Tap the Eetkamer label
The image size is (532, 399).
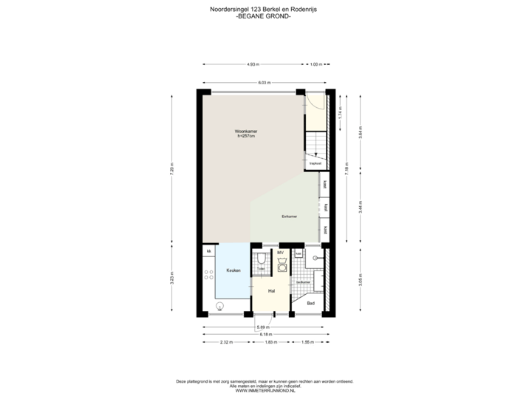[x=289, y=216]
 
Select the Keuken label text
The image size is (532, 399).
[x=233, y=271]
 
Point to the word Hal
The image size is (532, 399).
[x=272, y=290]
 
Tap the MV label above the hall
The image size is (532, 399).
[x=281, y=253]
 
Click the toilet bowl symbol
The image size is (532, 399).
[x=262, y=259]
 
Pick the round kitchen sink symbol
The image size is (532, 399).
[x=219, y=305]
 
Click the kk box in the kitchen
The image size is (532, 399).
[x=209, y=252]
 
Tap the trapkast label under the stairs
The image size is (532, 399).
[x=315, y=163]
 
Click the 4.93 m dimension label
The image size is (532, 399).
[x=251, y=64]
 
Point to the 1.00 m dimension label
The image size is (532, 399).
[x=316, y=64]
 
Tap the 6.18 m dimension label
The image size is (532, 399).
[x=264, y=334]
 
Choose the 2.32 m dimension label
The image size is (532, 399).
[x=226, y=342]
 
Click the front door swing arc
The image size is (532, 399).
[x=313, y=103]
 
